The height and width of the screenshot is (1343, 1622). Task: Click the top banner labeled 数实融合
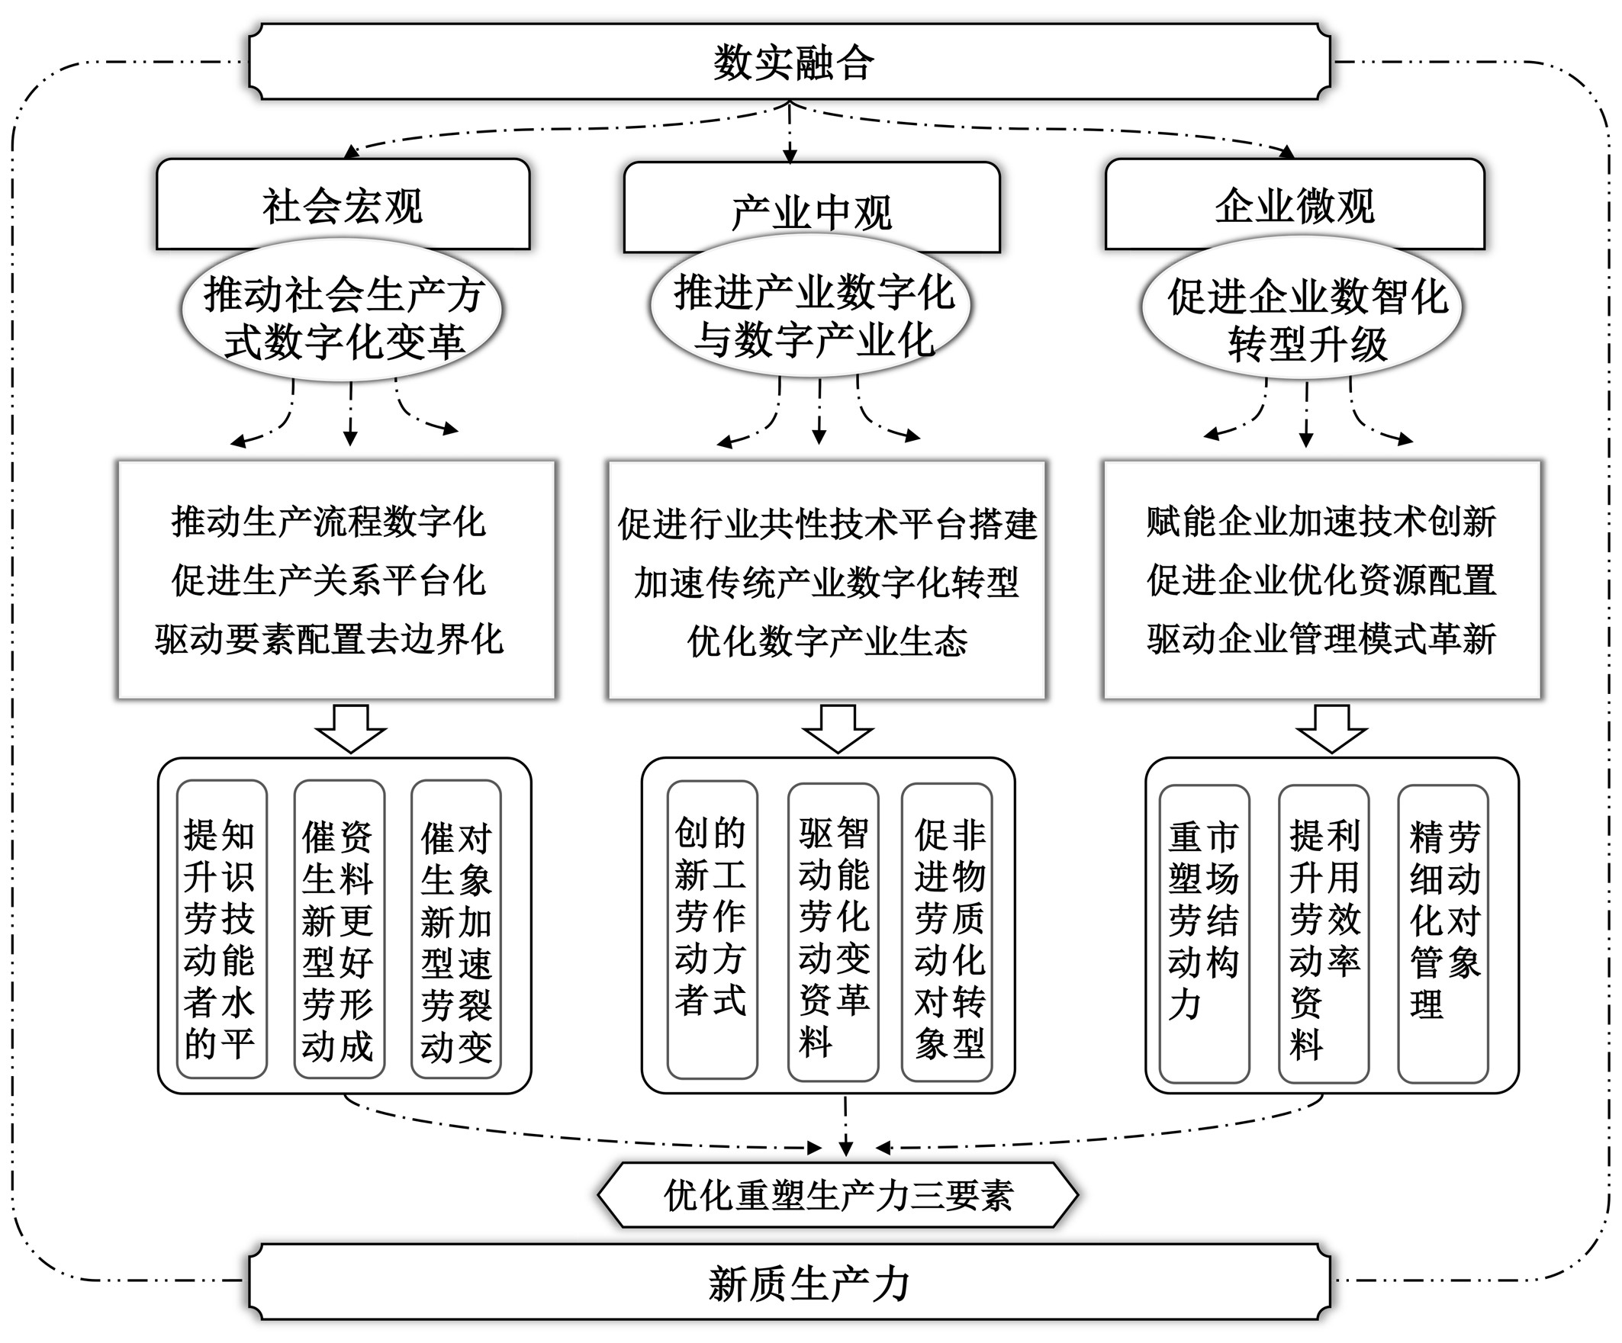[790, 62]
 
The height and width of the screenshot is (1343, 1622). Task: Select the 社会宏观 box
[343, 204]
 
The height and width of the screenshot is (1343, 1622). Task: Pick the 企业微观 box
[1295, 204]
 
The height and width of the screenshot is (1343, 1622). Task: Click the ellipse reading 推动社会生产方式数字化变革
[342, 316]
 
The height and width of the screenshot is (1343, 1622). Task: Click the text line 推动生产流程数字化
[328, 522]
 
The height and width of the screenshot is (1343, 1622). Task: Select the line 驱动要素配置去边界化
[328, 639]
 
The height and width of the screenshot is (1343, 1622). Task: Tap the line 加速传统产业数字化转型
[826, 583]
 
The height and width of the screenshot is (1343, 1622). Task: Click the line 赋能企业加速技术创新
[1321, 522]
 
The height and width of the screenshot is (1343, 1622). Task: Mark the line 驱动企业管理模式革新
[1321, 639]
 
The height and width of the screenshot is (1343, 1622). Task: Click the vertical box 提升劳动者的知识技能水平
[222, 929]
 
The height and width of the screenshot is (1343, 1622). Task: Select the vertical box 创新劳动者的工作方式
[711, 929]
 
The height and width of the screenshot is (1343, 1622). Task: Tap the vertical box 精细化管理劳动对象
[1443, 933]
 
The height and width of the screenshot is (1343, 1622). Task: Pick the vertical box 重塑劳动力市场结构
[1204, 933]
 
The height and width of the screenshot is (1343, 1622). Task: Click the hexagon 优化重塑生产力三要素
[837, 1195]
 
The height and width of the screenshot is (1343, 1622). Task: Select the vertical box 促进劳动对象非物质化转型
[947, 932]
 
